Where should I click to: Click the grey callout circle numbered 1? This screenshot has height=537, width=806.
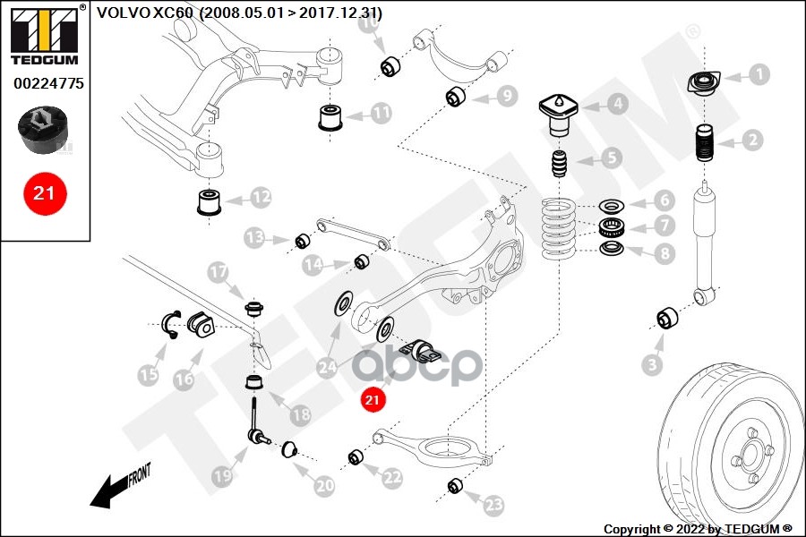[x=759, y=74]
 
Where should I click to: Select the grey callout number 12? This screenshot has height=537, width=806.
[x=261, y=195]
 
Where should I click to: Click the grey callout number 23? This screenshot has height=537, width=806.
[x=494, y=506]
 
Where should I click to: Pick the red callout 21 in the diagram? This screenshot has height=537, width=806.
[x=373, y=399]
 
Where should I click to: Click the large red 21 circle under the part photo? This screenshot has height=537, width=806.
[x=43, y=192]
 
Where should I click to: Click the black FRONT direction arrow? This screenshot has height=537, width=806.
[x=112, y=487]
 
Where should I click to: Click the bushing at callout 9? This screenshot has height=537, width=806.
[x=457, y=96]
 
